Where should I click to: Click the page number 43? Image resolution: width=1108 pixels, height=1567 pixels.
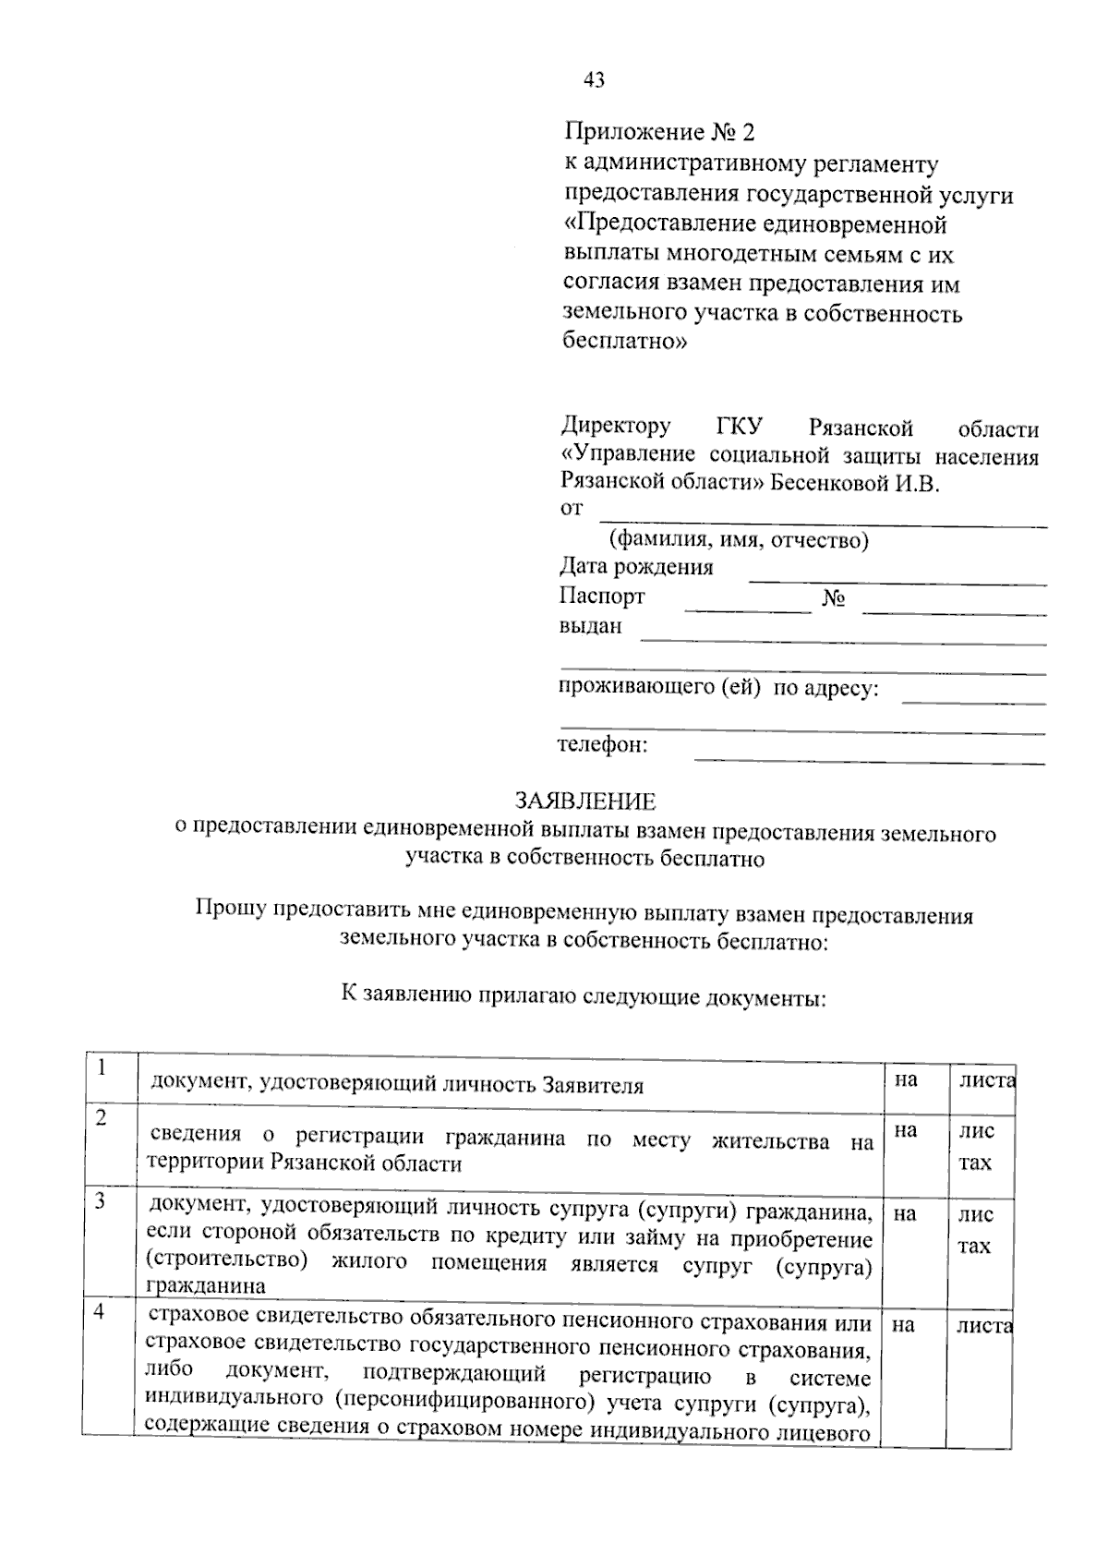(x=594, y=81)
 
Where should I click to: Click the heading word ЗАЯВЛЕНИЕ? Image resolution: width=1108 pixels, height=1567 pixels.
(x=584, y=802)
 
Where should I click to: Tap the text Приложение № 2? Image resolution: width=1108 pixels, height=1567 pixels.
(x=659, y=133)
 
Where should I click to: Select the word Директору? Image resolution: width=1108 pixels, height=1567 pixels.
(x=616, y=428)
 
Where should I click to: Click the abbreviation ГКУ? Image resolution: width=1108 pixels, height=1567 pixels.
(x=739, y=428)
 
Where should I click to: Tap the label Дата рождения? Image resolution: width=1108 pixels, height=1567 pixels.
(x=636, y=567)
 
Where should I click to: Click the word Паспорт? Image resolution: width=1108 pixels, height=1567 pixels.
(x=602, y=597)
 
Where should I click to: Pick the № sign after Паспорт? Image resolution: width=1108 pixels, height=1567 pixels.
(x=834, y=599)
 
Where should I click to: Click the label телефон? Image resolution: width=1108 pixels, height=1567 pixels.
(x=603, y=745)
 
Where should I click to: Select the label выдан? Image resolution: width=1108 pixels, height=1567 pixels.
(x=591, y=626)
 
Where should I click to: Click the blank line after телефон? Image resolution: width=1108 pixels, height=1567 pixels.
(x=869, y=761)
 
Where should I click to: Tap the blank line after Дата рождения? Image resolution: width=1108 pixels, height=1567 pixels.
(x=897, y=583)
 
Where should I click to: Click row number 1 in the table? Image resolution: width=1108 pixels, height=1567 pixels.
(x=102, y=1067)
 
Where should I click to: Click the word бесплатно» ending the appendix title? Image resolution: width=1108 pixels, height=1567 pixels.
(x=625, y=343)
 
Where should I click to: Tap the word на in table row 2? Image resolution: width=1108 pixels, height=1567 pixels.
(x=906, y=1130)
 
